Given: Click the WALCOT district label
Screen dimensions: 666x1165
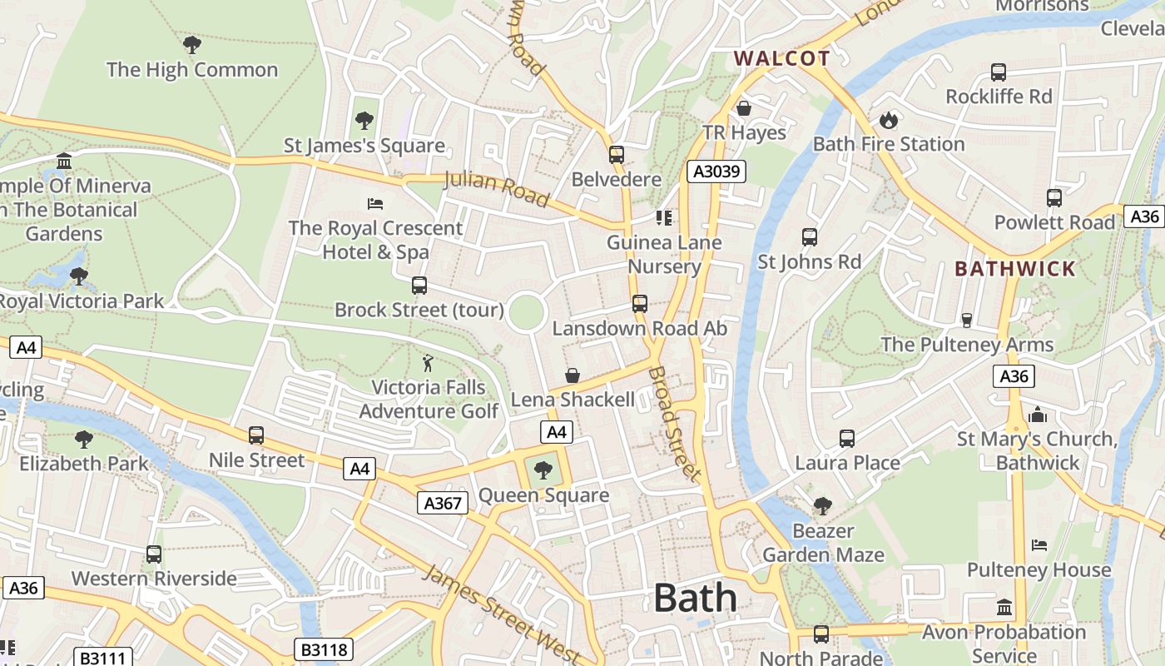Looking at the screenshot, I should click(781, 58).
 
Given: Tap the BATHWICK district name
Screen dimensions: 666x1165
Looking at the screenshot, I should click(1015, 269).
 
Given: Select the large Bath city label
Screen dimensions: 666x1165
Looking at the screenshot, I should click(695, 598).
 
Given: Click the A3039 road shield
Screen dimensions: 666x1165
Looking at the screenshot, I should click(716, 171).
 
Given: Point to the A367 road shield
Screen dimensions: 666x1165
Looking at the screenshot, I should click(442, 503).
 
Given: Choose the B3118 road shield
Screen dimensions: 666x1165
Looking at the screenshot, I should click(324, 649).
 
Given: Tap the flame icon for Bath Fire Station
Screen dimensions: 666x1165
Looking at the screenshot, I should click(889, 120).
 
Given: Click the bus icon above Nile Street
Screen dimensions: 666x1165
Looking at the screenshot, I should click(256, 435).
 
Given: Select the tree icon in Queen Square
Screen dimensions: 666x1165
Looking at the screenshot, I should click(543, 470).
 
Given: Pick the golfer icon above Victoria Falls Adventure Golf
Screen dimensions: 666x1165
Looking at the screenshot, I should click(428, 363).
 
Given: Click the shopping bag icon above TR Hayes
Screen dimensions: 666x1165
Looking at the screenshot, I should click(744, 108).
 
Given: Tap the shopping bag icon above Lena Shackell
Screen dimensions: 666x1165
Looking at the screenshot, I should click(573, 375).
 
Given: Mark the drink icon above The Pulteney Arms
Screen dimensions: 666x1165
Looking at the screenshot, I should click(967, 320).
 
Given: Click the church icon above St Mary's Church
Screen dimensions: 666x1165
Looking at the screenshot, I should click(1037, 415).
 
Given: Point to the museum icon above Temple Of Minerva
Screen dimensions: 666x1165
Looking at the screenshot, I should click(64, 161).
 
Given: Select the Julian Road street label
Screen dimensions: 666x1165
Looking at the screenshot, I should click(497, 188).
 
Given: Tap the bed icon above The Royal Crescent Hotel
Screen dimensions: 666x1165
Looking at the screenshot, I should click(375, 203).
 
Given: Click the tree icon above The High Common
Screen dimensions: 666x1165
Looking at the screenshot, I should click(191, 45).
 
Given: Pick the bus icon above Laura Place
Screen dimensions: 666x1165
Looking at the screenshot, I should click(847, 438).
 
